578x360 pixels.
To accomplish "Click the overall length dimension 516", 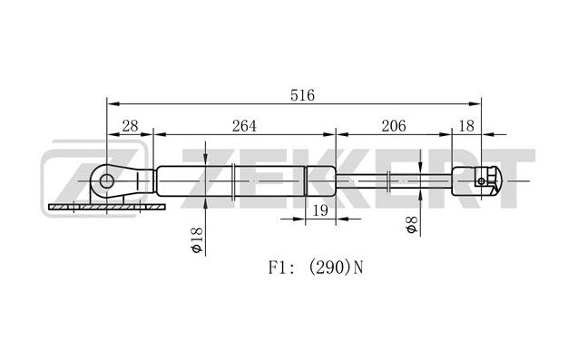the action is (x=302, y=95).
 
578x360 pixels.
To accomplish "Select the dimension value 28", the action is (x=130, y=126).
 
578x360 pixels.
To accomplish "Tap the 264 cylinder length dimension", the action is (x=244, y=126).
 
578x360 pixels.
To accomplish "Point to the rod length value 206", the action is (x=393, y=126).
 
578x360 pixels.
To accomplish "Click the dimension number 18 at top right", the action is (x=466, y=126).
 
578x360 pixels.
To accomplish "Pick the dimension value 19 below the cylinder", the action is (x=320, y=210).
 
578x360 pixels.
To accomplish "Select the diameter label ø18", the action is (x=197, y=240).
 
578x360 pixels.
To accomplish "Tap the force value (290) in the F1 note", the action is (x=328, y=268).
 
